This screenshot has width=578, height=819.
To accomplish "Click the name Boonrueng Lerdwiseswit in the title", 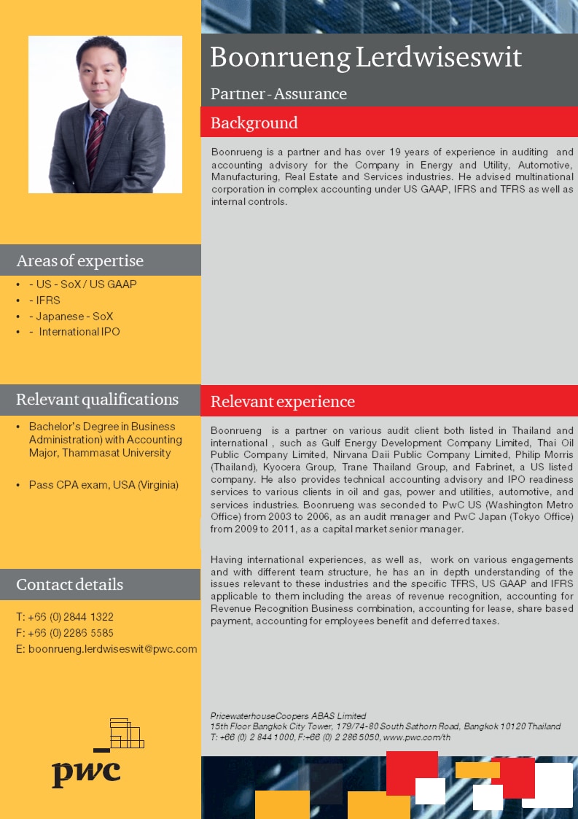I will [366, 58].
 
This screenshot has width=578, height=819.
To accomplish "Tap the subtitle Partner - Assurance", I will [278, 94].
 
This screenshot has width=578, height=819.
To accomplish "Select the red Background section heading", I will [254, 123].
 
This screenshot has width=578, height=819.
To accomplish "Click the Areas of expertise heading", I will [80, 260].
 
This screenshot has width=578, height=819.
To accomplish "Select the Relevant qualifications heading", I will [97, 400].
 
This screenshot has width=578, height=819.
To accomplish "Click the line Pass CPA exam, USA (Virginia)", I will [104, 485].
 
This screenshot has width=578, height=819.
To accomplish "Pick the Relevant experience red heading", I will [283, 401].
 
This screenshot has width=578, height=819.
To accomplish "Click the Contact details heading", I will [70, 584].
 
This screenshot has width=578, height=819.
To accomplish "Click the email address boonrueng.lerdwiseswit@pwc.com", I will [113, 649].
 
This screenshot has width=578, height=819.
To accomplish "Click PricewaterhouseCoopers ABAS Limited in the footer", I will [288, 716].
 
